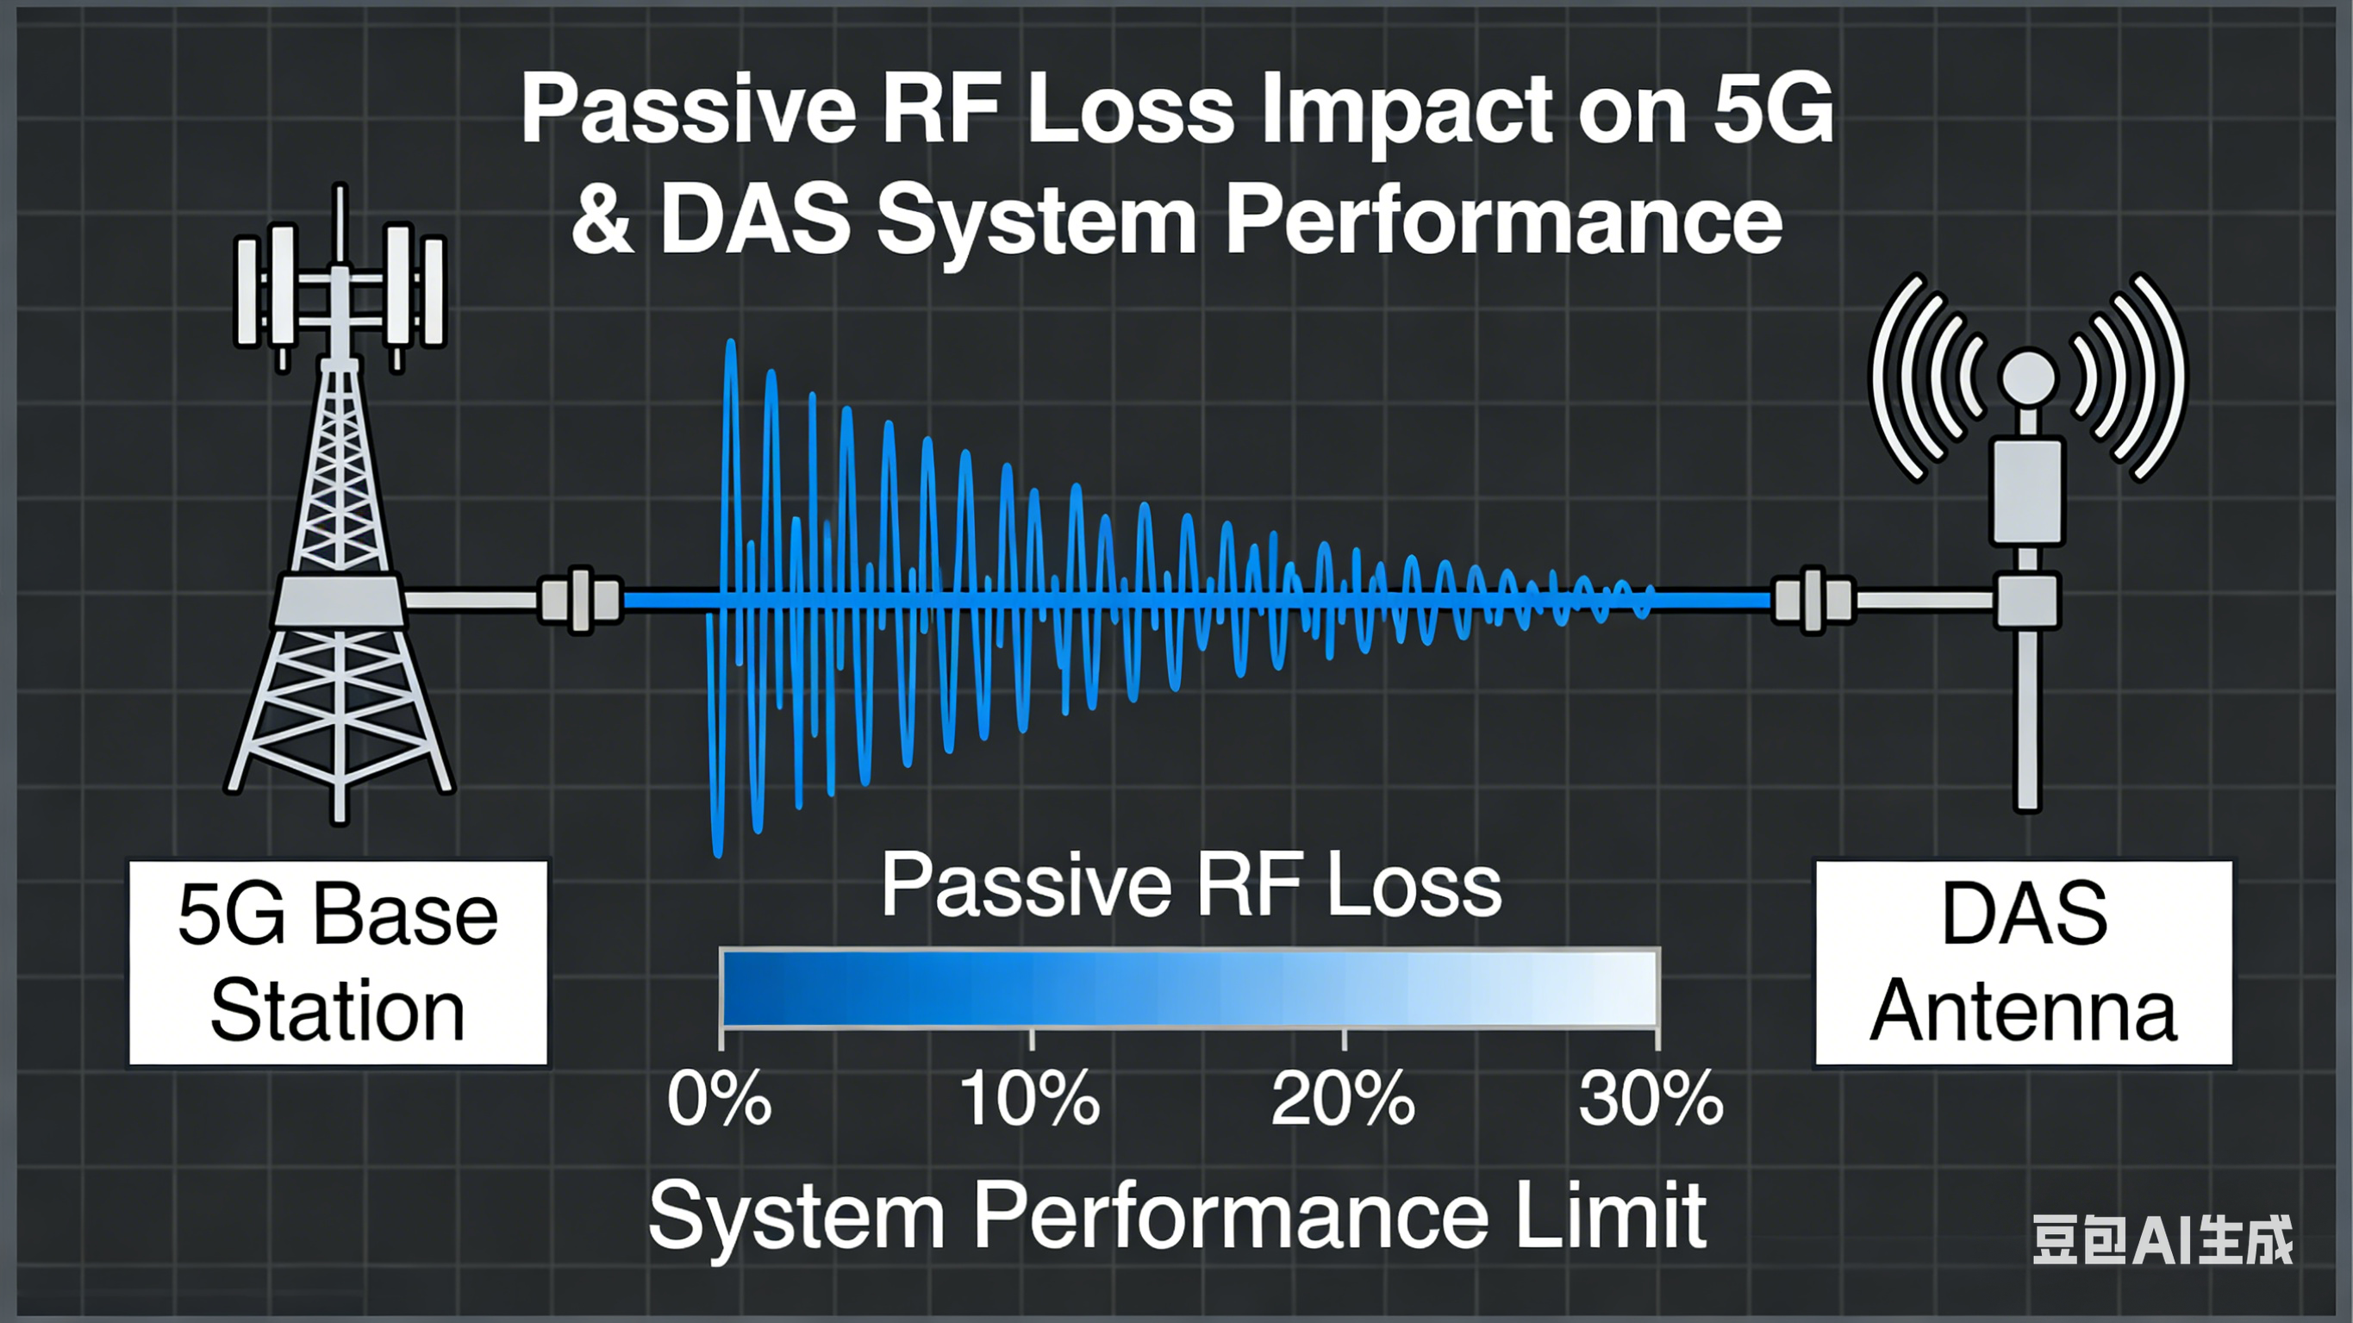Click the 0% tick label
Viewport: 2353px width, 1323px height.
719,1099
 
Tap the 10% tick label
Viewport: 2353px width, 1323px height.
1029,1099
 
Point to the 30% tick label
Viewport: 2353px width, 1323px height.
1651,1099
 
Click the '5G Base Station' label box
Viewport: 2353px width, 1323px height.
338,963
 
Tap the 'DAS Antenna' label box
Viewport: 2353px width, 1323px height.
2023,963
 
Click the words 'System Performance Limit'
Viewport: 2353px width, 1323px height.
1176,1215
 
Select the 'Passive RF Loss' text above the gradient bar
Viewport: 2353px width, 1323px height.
1191,886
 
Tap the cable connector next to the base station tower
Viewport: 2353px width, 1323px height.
580,600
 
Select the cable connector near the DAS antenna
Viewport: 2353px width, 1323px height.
1813,600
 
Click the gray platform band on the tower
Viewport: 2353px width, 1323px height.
339,600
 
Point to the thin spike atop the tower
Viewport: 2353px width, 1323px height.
340,219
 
